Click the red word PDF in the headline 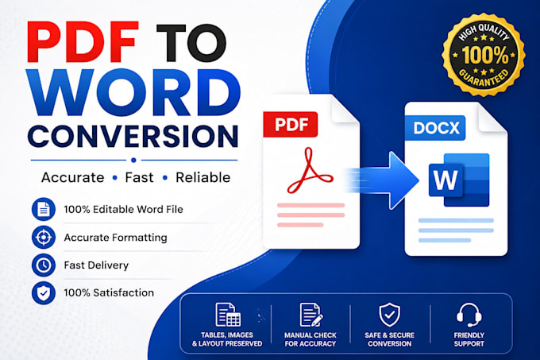pyautogui.click(x=83, y=42)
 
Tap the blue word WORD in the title pyautogui.click(x=133, y=93)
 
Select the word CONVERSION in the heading pyautogui.click(x=133, y=136)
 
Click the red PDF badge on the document pyautogui.click(x=291, y=124)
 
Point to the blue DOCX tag pyautogui.click(x=436, y=128)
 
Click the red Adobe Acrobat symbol pyautogui.click(x=309, y=171)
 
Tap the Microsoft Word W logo pyautogui.click(x=459, y=180)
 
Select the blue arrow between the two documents pyautogui.click(x=382, y=180)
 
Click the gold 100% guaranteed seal pyautogui.click(x=484, y=55)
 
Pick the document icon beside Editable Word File pyautogui.click(x=44, y=209)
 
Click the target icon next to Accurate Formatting pyautogui.click(x=44, y=238)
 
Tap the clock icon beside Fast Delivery pyautogui.click(x=44, y=265)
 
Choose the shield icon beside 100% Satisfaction pyautogui.click(x=44, y=292)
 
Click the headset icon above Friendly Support pyautogui.click(x=469, y=315)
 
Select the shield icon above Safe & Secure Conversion pyautogui.click(x=389, y=315)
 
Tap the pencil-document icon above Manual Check pyautogui.click(x=311, y=315)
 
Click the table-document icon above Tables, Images pyautogui.click(x=228, y=315)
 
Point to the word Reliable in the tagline pyautogui.click(x=202, y=177)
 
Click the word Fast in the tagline pyautogui.click(x=139, y=177)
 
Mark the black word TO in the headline pyautogui.click(x=191, y=43)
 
